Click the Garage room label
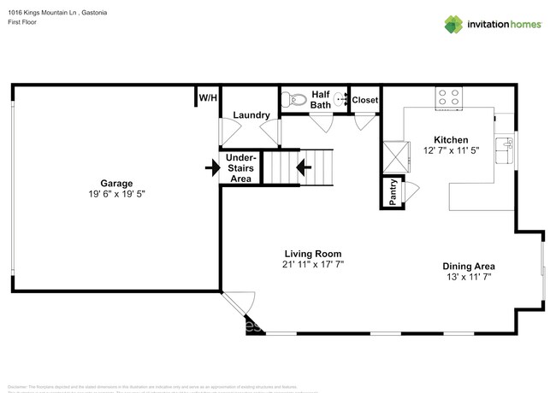[x=116, y=183]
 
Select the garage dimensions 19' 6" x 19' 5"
[x=116, y=194]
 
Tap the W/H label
[x=208, y=98]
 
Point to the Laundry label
[x=251, y=115]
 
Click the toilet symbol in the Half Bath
[x=294, y=99]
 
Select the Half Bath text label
[x=322, y=100]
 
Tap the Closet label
[x=365, y=100]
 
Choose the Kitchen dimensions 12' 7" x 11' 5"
[x=451, y=150]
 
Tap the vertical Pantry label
[x=393, y=193]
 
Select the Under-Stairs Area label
[x=240, y=168]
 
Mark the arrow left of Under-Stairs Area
[x=210, y=168]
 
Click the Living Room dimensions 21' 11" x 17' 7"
[x=313, y=265]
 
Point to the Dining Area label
[x=468, y=266]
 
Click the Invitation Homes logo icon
[x=453, y=24]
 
